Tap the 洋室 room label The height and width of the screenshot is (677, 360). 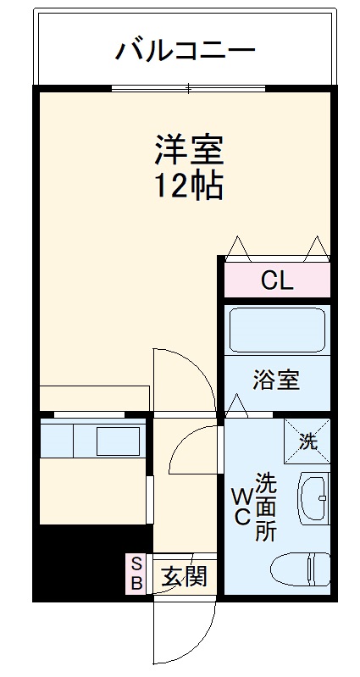188,150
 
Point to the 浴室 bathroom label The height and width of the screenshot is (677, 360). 276,380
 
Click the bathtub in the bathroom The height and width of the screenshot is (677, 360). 277,330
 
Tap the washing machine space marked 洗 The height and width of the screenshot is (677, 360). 307,440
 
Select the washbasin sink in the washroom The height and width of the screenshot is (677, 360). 313,499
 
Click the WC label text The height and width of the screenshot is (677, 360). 241,507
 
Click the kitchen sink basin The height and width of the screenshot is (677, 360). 118,441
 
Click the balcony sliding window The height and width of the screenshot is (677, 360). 188,88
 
